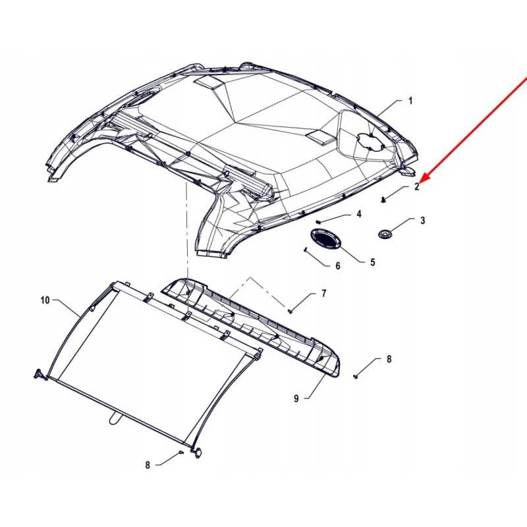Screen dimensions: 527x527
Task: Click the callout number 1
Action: coord(410,101)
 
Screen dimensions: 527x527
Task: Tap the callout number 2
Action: coord(416,187)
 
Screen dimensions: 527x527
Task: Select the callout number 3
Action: coord(423,221)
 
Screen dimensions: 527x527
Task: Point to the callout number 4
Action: coord(359,214)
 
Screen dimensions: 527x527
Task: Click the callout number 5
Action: coord(372,262)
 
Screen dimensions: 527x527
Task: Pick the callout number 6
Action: coord(338,266)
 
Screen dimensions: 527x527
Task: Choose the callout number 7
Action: coord(323,293)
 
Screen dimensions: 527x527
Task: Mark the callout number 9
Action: coord(296,399)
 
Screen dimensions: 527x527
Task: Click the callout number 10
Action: coord(45,300)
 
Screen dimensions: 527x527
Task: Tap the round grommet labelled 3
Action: coord(385,234)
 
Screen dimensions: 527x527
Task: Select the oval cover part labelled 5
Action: coord(326,240)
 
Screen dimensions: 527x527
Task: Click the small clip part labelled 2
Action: coord(383,198)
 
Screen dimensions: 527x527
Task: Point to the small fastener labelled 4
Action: coord(319,221)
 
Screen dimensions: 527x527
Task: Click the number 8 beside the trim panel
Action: coord(389,359)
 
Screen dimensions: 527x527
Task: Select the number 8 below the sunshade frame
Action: coord(148,465)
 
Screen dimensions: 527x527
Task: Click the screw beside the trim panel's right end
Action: coord(355,375)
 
